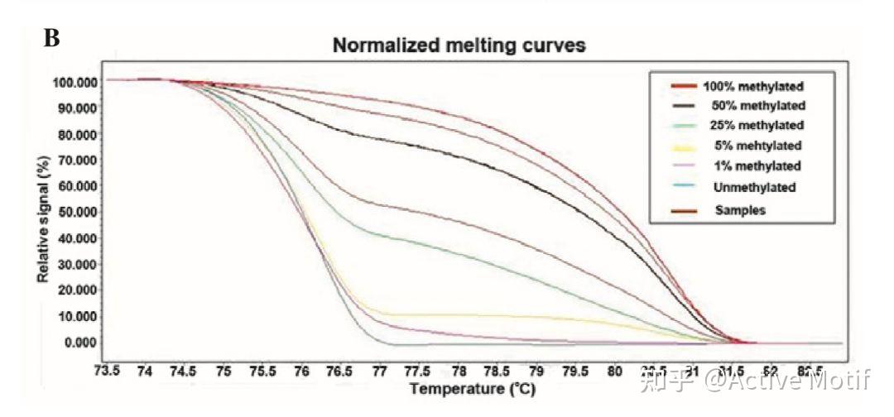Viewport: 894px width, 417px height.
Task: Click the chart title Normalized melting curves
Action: [x=459, y=46]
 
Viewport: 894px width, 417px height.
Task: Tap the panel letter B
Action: [x=51, y=38]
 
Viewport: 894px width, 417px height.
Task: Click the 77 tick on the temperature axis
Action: [x=379, y=371]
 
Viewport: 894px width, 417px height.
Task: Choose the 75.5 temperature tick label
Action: [x=262, y=371]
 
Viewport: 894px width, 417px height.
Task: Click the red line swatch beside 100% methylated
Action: [x=683, y=85]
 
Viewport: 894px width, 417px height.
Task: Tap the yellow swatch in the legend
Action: [x=683, y=146]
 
